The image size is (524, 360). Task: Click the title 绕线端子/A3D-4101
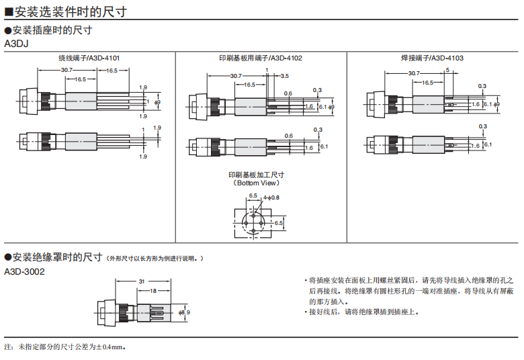coord(89,58)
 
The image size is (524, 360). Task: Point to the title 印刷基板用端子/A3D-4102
coord(261,58)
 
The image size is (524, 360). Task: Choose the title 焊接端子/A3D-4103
coord(433,58)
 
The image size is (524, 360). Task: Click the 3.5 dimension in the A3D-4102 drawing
coord(285,76)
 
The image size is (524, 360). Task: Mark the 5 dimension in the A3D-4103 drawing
coord(447,71)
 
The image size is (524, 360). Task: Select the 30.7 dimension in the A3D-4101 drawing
coord(66,71)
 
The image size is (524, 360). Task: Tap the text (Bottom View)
coord(257,183)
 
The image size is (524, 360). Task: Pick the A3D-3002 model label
coord(24,271)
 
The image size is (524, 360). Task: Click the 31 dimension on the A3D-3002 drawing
coord(142,281)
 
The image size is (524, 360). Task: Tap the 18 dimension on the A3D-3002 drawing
coord(153,291)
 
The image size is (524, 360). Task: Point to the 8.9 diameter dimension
coord(185,312)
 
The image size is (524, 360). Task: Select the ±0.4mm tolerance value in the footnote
coord(111,347)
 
